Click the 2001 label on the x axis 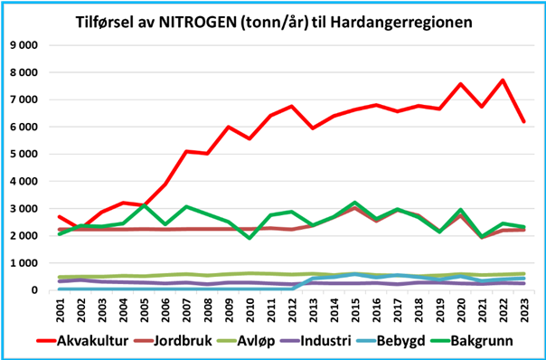[x=60, y=308]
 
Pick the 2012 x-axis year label [x=291, y=308]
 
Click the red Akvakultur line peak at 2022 [x=502, y=81]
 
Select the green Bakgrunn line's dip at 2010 [x=249, y=238]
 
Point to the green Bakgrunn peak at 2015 [x=354, y=203]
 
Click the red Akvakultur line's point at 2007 [x=186, y=152]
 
